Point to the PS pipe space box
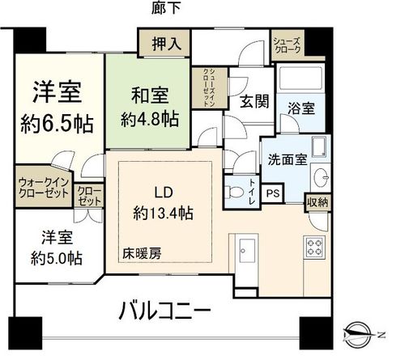275,193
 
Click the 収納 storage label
317,202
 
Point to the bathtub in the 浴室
300,79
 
